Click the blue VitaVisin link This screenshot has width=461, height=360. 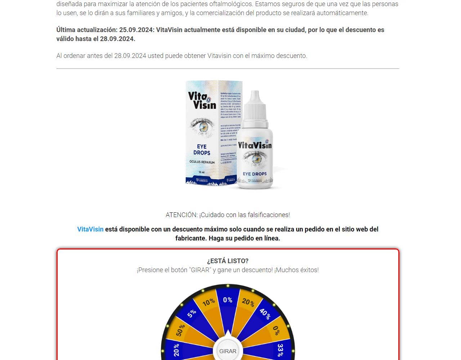point(90,229)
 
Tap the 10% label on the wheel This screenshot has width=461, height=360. point(209,302)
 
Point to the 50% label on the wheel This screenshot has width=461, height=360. point(180,330)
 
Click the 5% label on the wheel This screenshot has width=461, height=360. point(192,313)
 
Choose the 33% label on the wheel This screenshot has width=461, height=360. point(280,350)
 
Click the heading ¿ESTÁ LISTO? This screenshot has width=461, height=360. point(228,261)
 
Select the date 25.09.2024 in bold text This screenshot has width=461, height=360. point(136,30)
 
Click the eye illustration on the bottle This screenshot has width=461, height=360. point(255,158)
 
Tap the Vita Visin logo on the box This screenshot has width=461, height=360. point(202,100)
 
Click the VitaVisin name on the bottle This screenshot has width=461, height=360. point(255,145)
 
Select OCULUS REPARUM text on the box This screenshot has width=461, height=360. point(202,162)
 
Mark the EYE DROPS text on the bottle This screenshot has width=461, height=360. point(255,174)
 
